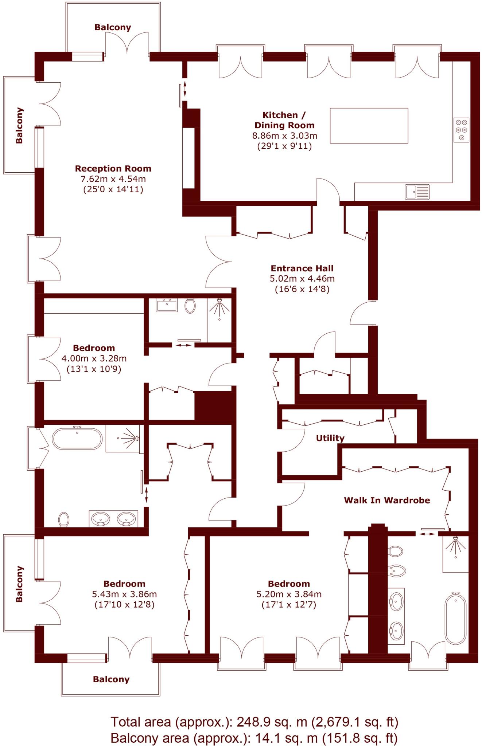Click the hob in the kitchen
pyautogui.click(x=461, y=130)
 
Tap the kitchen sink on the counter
pyautogui.click(x=417, y=192)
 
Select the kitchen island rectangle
pyautogui.click(x=369, y=125)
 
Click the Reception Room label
pyautogui.click(x=113, y=169)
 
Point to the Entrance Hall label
pyautogui.click(x=302, y=268)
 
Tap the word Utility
pyautogui.click(x=330, y=438)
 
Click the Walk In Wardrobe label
pyautogui.click(x=387, y=500)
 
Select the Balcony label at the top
pyautogui.click(x=113, y=27)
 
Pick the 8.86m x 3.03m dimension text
pyautogui.click(x=285, y=136)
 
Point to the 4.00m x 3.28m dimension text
pyautogui.click(x=94, y=358)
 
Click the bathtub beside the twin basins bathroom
pyautogui.click(x=77, y=439)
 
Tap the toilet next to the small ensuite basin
pyautogui.click(x=190, y=306)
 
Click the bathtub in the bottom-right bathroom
pyautogui.click(x=455, y=619)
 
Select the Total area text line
pyautogui.click(x=254, y=722)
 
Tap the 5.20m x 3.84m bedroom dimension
pyautogui.click(x=289, y=594)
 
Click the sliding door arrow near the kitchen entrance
pyautogui.click(x=185, y=89)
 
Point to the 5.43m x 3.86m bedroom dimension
pyautogui.click(x=124, y=594)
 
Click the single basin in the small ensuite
pyautogui.click(x=167, y=305)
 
